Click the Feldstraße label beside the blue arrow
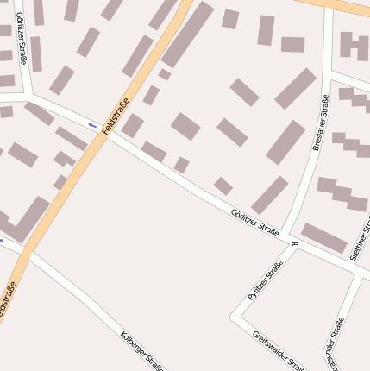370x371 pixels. (115, 117)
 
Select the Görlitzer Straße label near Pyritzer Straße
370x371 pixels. (255, 222)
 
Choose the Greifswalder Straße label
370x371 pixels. (279, 349)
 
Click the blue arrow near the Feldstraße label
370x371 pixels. (92, 126)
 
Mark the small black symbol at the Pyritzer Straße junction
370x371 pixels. (294, 246)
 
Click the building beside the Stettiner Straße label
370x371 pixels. (323, 237)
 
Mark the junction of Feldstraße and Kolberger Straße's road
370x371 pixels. (23, 249)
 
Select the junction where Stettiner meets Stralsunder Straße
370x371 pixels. (355, 274)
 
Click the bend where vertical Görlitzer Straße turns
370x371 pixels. (30, 97)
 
